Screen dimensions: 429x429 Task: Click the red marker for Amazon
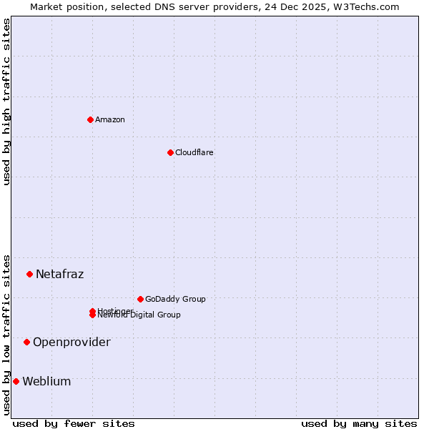(x=90, y=119)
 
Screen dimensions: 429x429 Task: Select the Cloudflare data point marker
(x=170, y=152)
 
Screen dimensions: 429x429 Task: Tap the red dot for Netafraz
(x=29, y=274)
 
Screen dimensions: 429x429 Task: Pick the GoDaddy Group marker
(x=140, y=299)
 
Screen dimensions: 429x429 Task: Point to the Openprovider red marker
(x=26, y=342)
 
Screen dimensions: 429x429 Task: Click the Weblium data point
(x=16, y=381)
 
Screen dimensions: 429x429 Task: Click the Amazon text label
(x=110, y=119)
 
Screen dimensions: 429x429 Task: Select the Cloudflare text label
(x=194, y=152)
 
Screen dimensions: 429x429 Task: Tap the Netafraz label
(x=60, y=274)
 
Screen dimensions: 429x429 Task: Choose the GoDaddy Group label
(x=175, y=299)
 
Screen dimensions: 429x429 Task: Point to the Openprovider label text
(x=71, y=342)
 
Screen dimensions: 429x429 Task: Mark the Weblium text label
(x=46, y=381)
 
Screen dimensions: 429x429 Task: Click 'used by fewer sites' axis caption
(x=74, y=423)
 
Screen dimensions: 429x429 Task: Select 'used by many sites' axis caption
(x=359, y=423)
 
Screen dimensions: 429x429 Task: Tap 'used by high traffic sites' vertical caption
(x=6, y=102)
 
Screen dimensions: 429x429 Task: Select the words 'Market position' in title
(x=64, y=6)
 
